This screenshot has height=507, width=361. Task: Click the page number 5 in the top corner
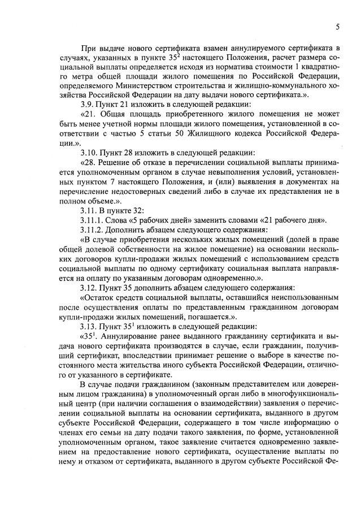pyautogui.click(x=337, y=27)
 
